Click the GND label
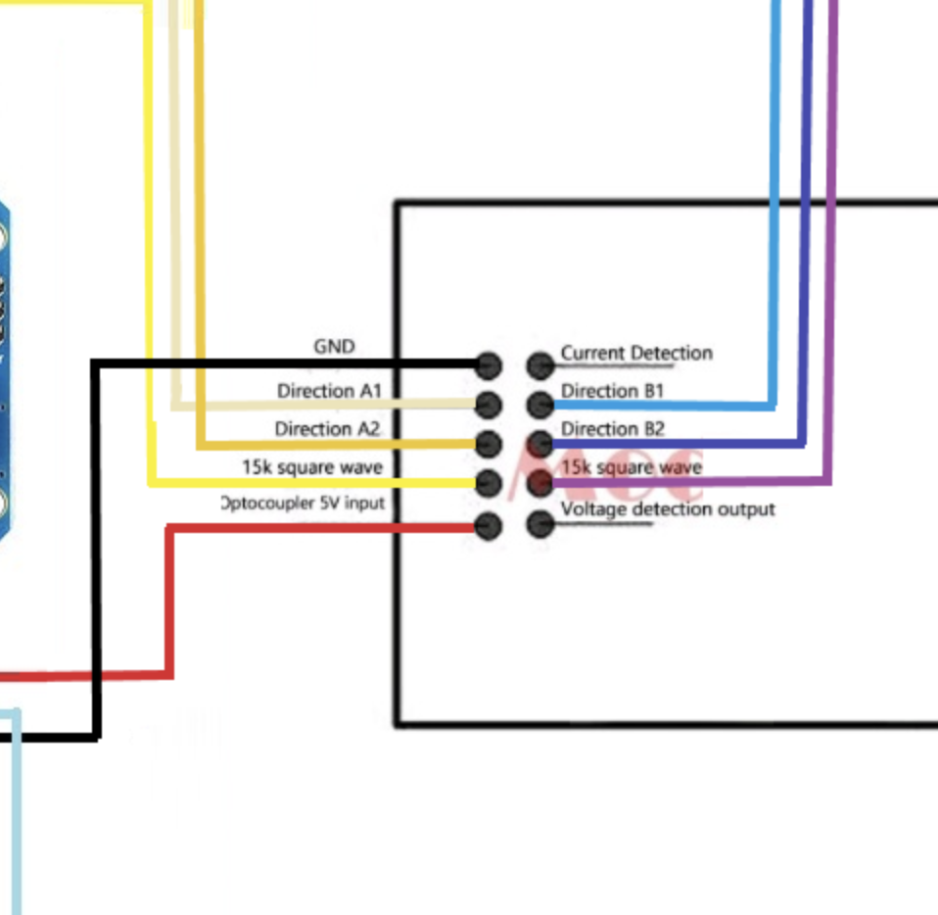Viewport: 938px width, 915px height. (334, 347)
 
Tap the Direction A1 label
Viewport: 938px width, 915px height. (328, 391)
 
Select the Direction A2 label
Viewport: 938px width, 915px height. (326, 429)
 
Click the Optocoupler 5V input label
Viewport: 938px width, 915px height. (304, 504)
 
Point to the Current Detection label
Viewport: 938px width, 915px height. (636, 353)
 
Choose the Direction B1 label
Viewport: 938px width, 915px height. (612, 391)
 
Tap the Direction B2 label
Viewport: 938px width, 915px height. (612, 429)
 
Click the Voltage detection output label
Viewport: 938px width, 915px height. (668, 509)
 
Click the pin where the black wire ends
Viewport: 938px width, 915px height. (488, 366)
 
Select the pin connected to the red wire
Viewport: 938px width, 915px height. (488, 526)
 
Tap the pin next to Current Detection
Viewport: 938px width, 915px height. (539, 366)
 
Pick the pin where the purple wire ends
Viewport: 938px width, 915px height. (539, 483)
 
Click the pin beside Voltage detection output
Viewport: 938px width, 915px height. (539, 525)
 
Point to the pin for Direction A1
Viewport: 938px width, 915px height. (488, 404)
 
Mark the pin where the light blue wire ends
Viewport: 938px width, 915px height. (539, 404)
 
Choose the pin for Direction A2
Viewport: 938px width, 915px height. (488, 444)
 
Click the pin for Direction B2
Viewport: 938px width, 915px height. (539, 444)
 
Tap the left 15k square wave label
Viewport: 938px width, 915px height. (312, 467)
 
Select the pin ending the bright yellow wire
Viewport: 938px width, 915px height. (488, 483)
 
